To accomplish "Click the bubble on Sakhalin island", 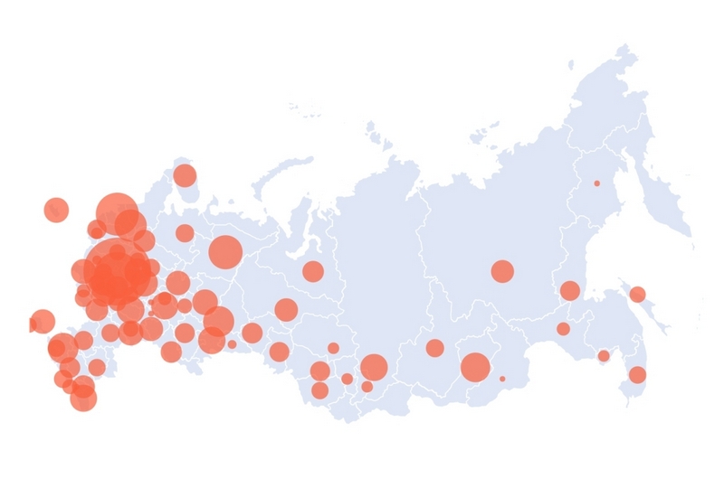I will (637, 294).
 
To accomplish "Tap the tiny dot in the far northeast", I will (596, 183).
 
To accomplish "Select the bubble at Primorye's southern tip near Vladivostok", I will (637, 374).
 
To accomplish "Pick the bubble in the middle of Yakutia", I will (502, 271).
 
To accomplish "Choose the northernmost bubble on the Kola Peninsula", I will (185, 175).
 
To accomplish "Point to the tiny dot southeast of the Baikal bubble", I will (502, 379).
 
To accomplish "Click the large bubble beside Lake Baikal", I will (475, 367).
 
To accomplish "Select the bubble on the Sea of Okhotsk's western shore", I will (569, 290).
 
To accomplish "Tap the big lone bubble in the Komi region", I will (225, 251).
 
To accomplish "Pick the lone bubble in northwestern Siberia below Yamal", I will (312, 271).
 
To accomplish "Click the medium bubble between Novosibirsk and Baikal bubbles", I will (434, 348).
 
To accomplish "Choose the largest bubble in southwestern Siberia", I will (374, 366).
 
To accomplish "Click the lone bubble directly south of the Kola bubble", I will (185, 233).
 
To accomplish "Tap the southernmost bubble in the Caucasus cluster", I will (83, 397).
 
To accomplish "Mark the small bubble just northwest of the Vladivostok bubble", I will (604, 356).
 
